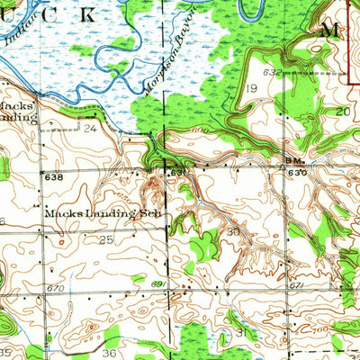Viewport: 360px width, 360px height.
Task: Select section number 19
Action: coord(252,88)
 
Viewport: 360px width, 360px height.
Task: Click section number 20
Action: coord(342,111)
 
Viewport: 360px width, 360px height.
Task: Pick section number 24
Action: coord(89,128)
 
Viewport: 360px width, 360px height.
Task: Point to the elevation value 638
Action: coord(55,179)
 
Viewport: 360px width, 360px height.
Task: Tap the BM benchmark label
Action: coord(292,162)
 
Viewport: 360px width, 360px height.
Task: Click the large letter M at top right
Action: coord(329,30)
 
